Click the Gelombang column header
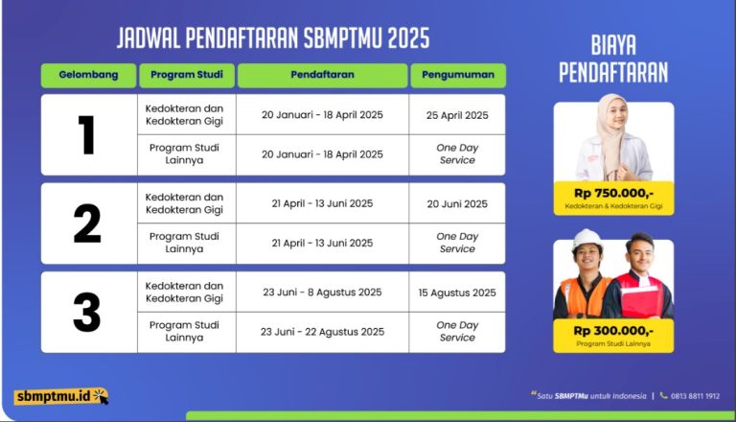(88, 75)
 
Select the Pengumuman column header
(458, 75)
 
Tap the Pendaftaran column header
(322, 75)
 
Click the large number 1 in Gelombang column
(87, 135)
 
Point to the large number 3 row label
(87, 312)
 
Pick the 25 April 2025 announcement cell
(457, 115)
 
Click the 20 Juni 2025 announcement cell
(457, 204)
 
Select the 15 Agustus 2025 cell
(457, 293)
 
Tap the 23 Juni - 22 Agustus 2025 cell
(322, 332)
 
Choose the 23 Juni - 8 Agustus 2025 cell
(322, 293)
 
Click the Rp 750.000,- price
(613, 194)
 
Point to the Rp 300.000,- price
(613, 331)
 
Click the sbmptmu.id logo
(61, 396)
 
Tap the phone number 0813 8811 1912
(695, 396)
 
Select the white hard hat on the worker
(586, 239)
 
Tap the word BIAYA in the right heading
(613, 46)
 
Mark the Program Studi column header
(187, 75)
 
